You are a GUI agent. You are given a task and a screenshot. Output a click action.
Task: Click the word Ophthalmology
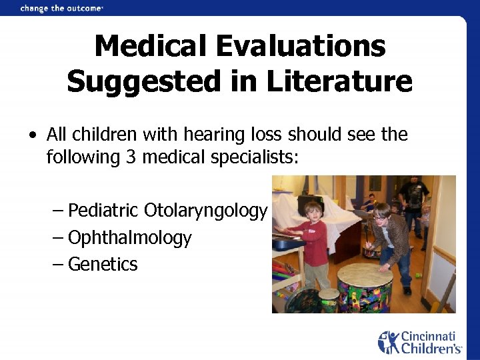130,238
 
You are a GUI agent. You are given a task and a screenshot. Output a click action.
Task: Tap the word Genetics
103,265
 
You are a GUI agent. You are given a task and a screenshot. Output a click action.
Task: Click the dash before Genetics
58,265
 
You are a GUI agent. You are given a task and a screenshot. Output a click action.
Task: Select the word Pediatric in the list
103,211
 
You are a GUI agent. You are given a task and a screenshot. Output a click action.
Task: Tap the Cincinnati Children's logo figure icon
388,342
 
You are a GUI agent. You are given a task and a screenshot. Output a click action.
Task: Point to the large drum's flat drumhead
364,273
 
